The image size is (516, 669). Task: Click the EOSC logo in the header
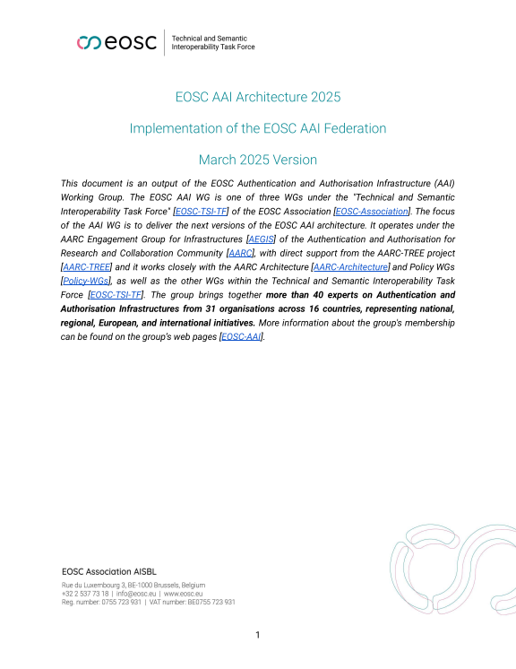pos(116,42)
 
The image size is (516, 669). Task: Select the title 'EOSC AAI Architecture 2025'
pos(258,96)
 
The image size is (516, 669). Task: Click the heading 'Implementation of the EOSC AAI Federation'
pos(258,128)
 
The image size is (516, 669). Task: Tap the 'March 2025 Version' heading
pos(258,160)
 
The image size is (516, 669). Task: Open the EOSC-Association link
pos(365,211)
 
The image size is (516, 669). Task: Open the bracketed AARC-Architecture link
pos(350,268)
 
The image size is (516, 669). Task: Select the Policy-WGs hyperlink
pos(84,282)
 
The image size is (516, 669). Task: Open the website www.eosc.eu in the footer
pos(183,594)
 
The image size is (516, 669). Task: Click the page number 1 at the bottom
pos(258,636)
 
